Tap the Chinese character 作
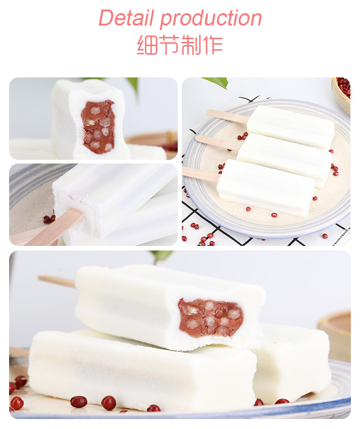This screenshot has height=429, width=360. click(x=212, y=45)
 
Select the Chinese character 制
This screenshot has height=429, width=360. click(x=191, y=45)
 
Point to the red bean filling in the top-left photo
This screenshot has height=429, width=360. click(x=98, y=127)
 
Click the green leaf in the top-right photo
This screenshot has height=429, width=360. click(x=216, y=82)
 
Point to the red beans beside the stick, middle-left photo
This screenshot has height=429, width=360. click(x=48, y=219)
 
